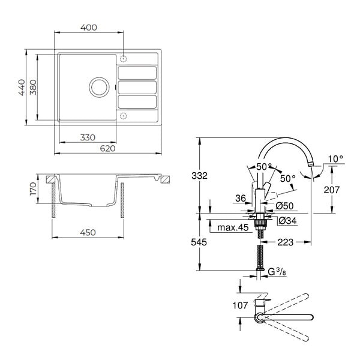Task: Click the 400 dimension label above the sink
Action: click(x=89, y=28)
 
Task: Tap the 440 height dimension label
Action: click(x=22, y=87)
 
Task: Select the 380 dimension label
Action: click(x=33, y=87)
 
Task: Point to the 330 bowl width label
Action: click(x=88, y=137)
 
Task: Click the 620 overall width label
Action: click(x=107, y=148)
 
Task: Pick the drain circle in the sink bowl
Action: click(x=99, y=87)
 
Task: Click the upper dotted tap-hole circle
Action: click(x=123, y=59)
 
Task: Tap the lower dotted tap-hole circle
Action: click(x=123, y=116)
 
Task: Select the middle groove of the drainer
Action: click(x=137, y=88)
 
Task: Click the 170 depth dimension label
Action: click(x=33, y=189)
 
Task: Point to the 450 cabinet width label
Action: click(x=88, y=232)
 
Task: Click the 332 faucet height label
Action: click(x=200, y=176)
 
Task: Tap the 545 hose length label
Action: click(x=199, y=242)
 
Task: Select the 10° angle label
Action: click(x=335, y=159)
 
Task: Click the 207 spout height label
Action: click(x=332, y=190)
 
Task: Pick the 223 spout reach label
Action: click(x=286, y=242)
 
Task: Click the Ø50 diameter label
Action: click(x=284, y=206)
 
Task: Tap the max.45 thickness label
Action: click(x=233, y=227)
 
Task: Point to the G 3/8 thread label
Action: click(x=277, y=272)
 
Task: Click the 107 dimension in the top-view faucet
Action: click(x=241, y=305)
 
